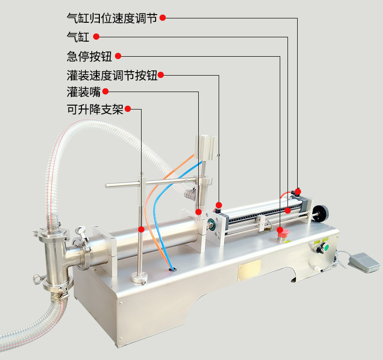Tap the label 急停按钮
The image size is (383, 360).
coord(89,56)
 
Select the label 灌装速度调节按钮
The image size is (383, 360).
coord(112,75)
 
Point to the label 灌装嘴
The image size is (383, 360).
coord(83,92)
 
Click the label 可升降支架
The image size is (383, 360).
coord(95,110)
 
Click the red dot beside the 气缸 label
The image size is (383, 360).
coord(96,37)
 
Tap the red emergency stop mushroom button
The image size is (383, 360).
coord(282,233)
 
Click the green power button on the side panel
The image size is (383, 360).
coord(326,249)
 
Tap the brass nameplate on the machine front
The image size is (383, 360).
coord(249,269)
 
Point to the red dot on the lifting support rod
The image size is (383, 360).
coord(141,229)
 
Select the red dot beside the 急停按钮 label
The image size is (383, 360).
coord(117,56)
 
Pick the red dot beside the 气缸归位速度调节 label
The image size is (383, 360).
coord(163,18)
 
